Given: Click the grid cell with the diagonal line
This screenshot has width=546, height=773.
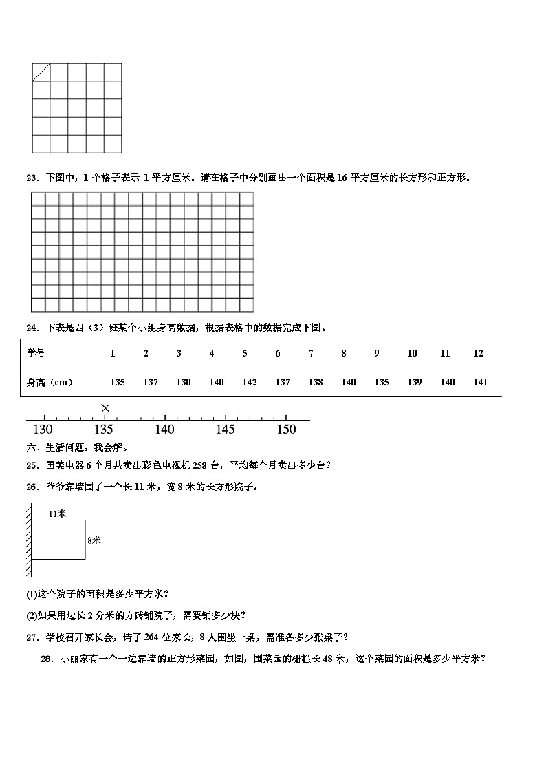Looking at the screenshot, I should (x=41, y=72).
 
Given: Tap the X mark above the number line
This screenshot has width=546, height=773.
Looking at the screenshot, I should (x=105, y=408).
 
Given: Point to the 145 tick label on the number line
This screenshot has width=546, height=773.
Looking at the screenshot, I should (x=226, y=430).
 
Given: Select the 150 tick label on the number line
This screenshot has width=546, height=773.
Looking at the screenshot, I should (x=286, y=430).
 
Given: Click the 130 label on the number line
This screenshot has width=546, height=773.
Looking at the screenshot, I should (x=43, y=430).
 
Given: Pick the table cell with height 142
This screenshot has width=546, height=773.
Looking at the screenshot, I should (x=249, y=382).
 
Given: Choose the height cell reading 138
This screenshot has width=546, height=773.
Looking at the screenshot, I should (x=316, y=382).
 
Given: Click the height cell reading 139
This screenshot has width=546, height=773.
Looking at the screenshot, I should (x=414, y=382).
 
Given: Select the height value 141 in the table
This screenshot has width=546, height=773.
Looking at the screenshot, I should (x=480, y=382).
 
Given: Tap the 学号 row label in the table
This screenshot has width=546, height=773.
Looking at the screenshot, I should (x=36, y=353).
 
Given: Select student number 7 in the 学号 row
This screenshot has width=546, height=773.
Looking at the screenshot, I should (x=311, y=353).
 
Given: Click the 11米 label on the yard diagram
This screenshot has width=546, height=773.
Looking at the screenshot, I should (x=58, y=513).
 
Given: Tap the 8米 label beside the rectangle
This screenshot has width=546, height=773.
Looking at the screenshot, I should (x=94, y=540).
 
